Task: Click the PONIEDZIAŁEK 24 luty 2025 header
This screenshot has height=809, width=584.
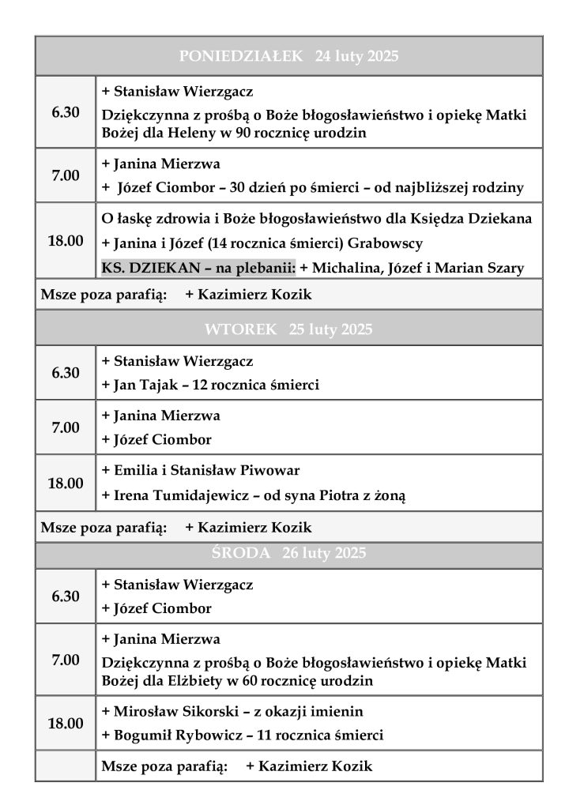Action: [x=288, y=56]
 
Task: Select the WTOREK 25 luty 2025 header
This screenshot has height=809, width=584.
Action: [x=288, y=329]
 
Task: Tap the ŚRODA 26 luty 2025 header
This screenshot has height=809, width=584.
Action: [x=288, y=553]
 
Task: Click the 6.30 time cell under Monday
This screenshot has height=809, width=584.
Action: [x=66, y=112]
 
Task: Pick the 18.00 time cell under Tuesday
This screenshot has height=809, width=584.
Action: [x=66, y=483]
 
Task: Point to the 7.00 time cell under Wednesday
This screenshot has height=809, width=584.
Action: [x=66, y=660]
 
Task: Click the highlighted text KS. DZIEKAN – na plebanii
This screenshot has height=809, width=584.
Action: [x=198, y=268]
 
